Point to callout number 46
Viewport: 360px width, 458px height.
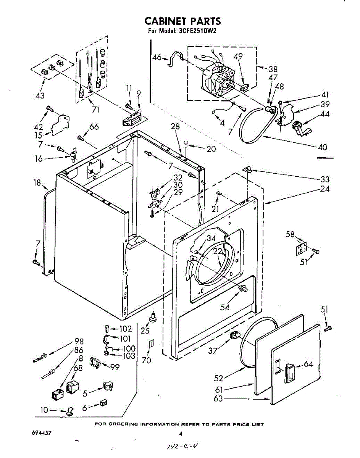coord(157,58)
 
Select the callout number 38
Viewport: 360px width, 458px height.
coord(273,69)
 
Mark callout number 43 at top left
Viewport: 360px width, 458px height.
coord(40,95)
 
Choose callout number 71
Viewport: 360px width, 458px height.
coord(95,110)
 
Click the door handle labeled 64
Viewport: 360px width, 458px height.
coord(289,372)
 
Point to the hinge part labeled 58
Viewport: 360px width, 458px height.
coord(302,248)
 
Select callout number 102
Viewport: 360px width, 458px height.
coord(125,329)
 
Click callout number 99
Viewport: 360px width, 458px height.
coord(115,367)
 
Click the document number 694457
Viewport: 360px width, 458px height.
coord(42,433)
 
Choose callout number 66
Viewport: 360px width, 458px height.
coord(94,127)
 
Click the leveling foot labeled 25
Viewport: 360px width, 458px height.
coord(153,318)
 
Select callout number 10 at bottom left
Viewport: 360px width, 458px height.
coord(45,410)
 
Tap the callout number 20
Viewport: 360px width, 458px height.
coord(211,149)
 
